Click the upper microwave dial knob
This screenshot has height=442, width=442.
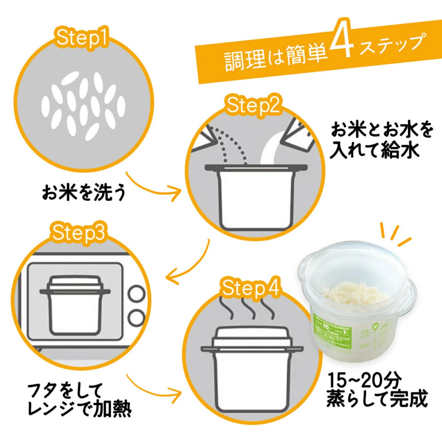coord(136,294)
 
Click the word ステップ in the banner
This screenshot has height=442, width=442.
coord(390,43)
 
